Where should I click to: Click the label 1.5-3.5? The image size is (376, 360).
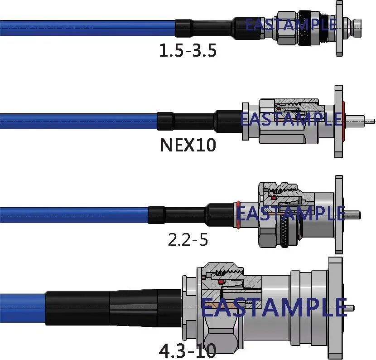pos(188,50)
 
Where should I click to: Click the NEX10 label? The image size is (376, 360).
pos(188,145)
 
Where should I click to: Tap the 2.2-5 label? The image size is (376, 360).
pos(188,240)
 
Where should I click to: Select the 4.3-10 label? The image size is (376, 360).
pos(188,350)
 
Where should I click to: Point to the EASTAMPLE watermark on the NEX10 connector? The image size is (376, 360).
pos(291,119)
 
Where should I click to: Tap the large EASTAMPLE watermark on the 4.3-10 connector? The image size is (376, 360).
pos(275,307)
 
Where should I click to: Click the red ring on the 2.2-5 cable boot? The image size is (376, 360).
pos(238,214)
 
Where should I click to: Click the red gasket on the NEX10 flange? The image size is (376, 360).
pos(344,121)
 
